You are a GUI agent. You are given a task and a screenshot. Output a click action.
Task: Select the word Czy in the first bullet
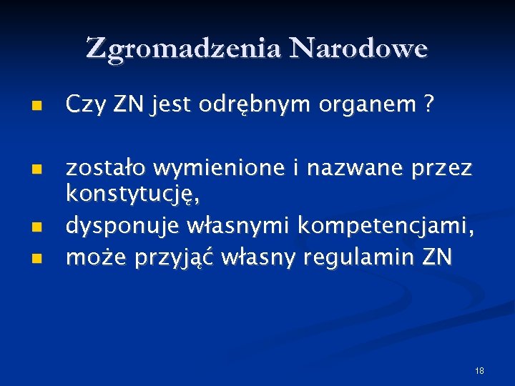(x=82, y=106)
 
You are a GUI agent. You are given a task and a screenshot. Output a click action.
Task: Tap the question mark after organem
(x=428, y=105)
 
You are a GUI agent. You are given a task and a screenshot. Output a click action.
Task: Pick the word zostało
(x=105, y=168)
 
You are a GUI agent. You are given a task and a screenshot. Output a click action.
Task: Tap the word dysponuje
(x=122, y=227)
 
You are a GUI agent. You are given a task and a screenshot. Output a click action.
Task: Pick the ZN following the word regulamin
(x=437, y=257)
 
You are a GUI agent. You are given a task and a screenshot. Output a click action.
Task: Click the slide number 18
(x=479, y=370)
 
